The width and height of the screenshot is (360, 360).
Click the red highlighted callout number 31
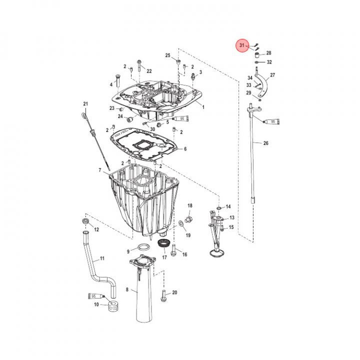pyautogui.click(x=242, y=45)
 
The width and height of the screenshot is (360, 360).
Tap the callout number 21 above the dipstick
pyautogui.click(x=85, y=104)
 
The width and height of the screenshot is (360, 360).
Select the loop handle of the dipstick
pyautogui.click(x=84, y=116)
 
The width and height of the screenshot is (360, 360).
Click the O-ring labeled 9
pyautogui.click(x=143, y=247)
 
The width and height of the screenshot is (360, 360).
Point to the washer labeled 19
pyautogui.click(x=181, y=223)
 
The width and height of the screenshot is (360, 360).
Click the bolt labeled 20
pyautogui.click(x=163, y=296)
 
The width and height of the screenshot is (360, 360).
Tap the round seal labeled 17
pyautogui.click(x=164, y=243)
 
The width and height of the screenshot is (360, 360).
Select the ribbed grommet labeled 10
pyautogui.click(x=113, y=305)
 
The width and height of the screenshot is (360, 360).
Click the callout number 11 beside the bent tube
pyautogui.click(x=102, y=259)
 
